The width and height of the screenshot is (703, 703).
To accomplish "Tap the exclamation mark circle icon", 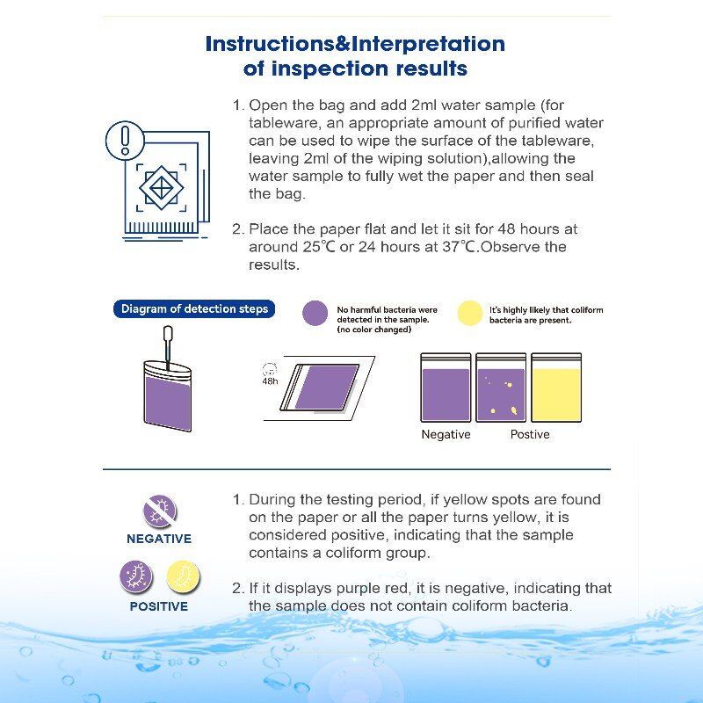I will [125, 141].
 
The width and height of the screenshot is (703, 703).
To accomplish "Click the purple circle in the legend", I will [315, 314].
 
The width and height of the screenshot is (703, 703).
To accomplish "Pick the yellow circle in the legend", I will [470, 314].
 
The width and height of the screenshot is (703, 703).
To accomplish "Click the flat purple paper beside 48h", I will [325, 387].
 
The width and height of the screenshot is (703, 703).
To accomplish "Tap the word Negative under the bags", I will [446, 435].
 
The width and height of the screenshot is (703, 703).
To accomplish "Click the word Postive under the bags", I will [530, 435].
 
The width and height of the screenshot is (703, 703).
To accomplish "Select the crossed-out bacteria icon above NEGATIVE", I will [160, 511].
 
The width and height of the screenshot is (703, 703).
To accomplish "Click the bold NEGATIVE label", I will [159, 539].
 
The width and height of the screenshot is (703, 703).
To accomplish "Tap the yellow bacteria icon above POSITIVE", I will [184, 577].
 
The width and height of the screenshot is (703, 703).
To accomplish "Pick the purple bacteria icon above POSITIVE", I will [136, 577].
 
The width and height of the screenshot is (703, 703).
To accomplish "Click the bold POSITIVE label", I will [159, 606].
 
